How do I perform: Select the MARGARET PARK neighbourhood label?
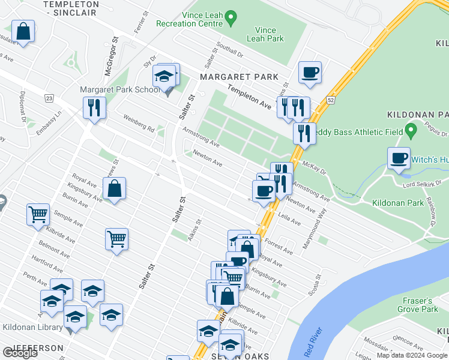tap(240, 77)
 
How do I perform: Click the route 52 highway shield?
tap(330, 101)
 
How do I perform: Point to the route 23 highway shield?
tap(49, 98)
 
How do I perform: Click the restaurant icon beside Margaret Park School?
tap(94, 107)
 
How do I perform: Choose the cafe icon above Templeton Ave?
tap(310, 73)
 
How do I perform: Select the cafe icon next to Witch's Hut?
tap(399, 158)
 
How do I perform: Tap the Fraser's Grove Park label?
tap(417, 304)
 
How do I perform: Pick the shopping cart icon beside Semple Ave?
tap(38, 214)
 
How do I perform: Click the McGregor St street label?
tap(109, 57)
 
